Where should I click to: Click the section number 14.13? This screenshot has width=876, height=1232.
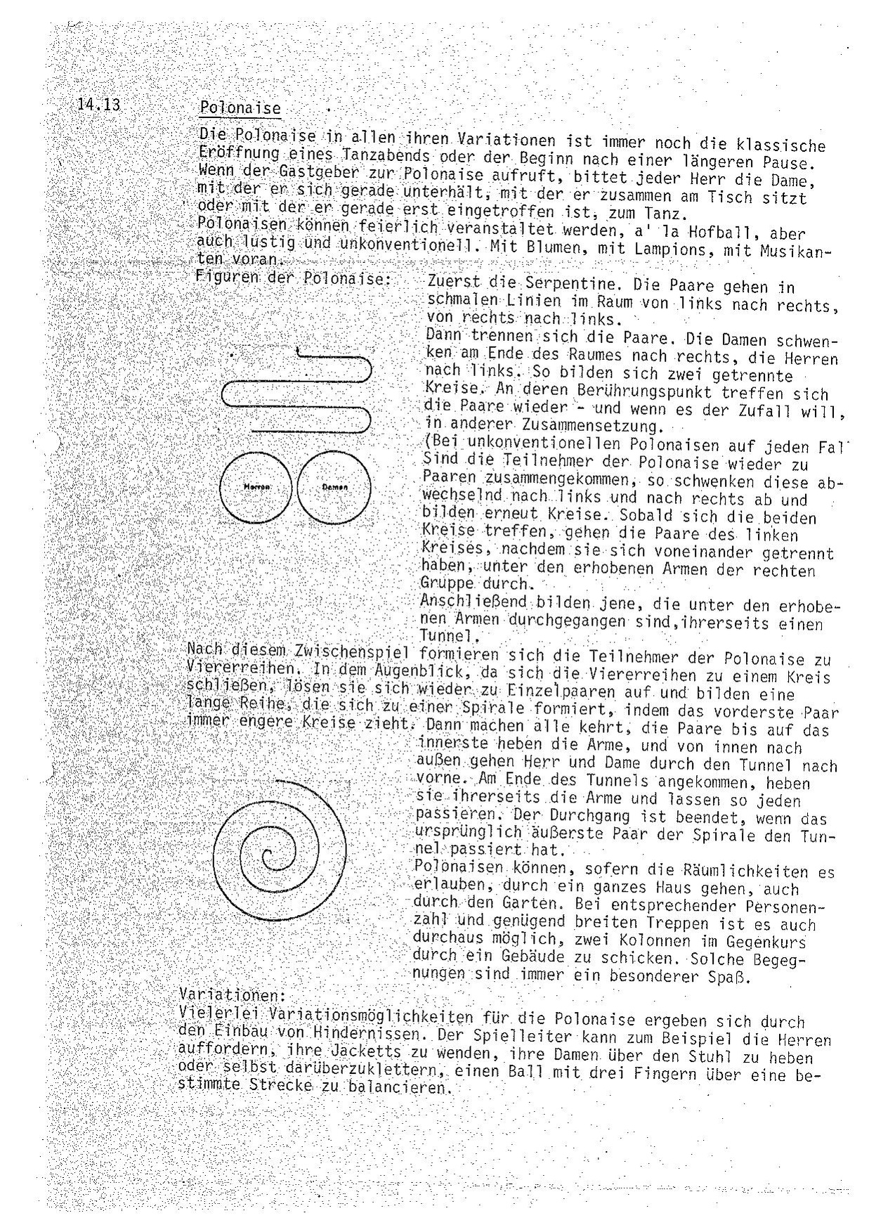pyautogui.click(x=99, y=105)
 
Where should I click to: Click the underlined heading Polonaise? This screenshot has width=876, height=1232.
pyautogui.click(x=240, y=108)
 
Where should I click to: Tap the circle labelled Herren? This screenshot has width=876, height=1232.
pyautogui.click(x=256, y=486)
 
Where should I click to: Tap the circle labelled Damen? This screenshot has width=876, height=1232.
pyautogui.click(x=334, y=486)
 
